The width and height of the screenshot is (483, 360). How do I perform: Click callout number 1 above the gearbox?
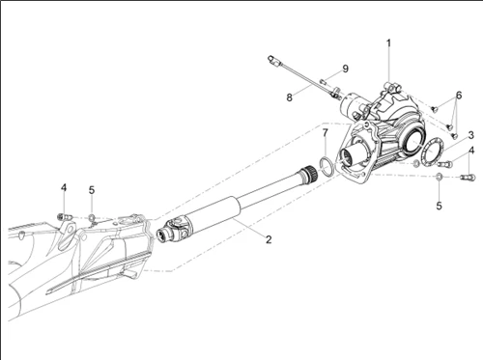(x=389, y=43)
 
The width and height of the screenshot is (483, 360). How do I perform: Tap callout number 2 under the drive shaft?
(x=241, y=237)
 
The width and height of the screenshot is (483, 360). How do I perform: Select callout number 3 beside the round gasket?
(x=469, y=136)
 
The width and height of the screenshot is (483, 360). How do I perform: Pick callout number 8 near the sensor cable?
(x=289, y=97)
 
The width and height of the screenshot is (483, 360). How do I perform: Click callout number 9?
(x=345, y=69)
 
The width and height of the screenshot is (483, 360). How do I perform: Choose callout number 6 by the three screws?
(x=459, y=95)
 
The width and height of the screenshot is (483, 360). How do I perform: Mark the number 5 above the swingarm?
(x=92, y=190)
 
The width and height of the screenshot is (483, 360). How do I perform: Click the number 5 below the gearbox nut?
(x=438, y=206)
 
